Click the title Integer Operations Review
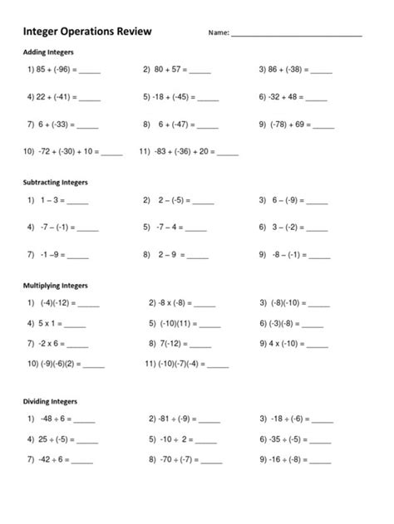pyautogui.click(x=87, y=32)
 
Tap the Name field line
pyautogui.click(x=297, y=36)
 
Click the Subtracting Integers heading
pyautogui.click(x=56, y=181)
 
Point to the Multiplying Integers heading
pyautogui.click(x=56, y=285)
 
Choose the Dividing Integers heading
pyautogui.click(x=49, y=401)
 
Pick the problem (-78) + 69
pyautogui.click(x=284, y=125)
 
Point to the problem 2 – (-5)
pyautogui.click(x=167, y=201)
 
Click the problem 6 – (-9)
pyautogui.click(x=283, y=201)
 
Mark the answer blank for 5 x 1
pyautogui.click(x=76, y=325)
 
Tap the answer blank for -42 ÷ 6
pyautogui.click(x=81, y=460)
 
